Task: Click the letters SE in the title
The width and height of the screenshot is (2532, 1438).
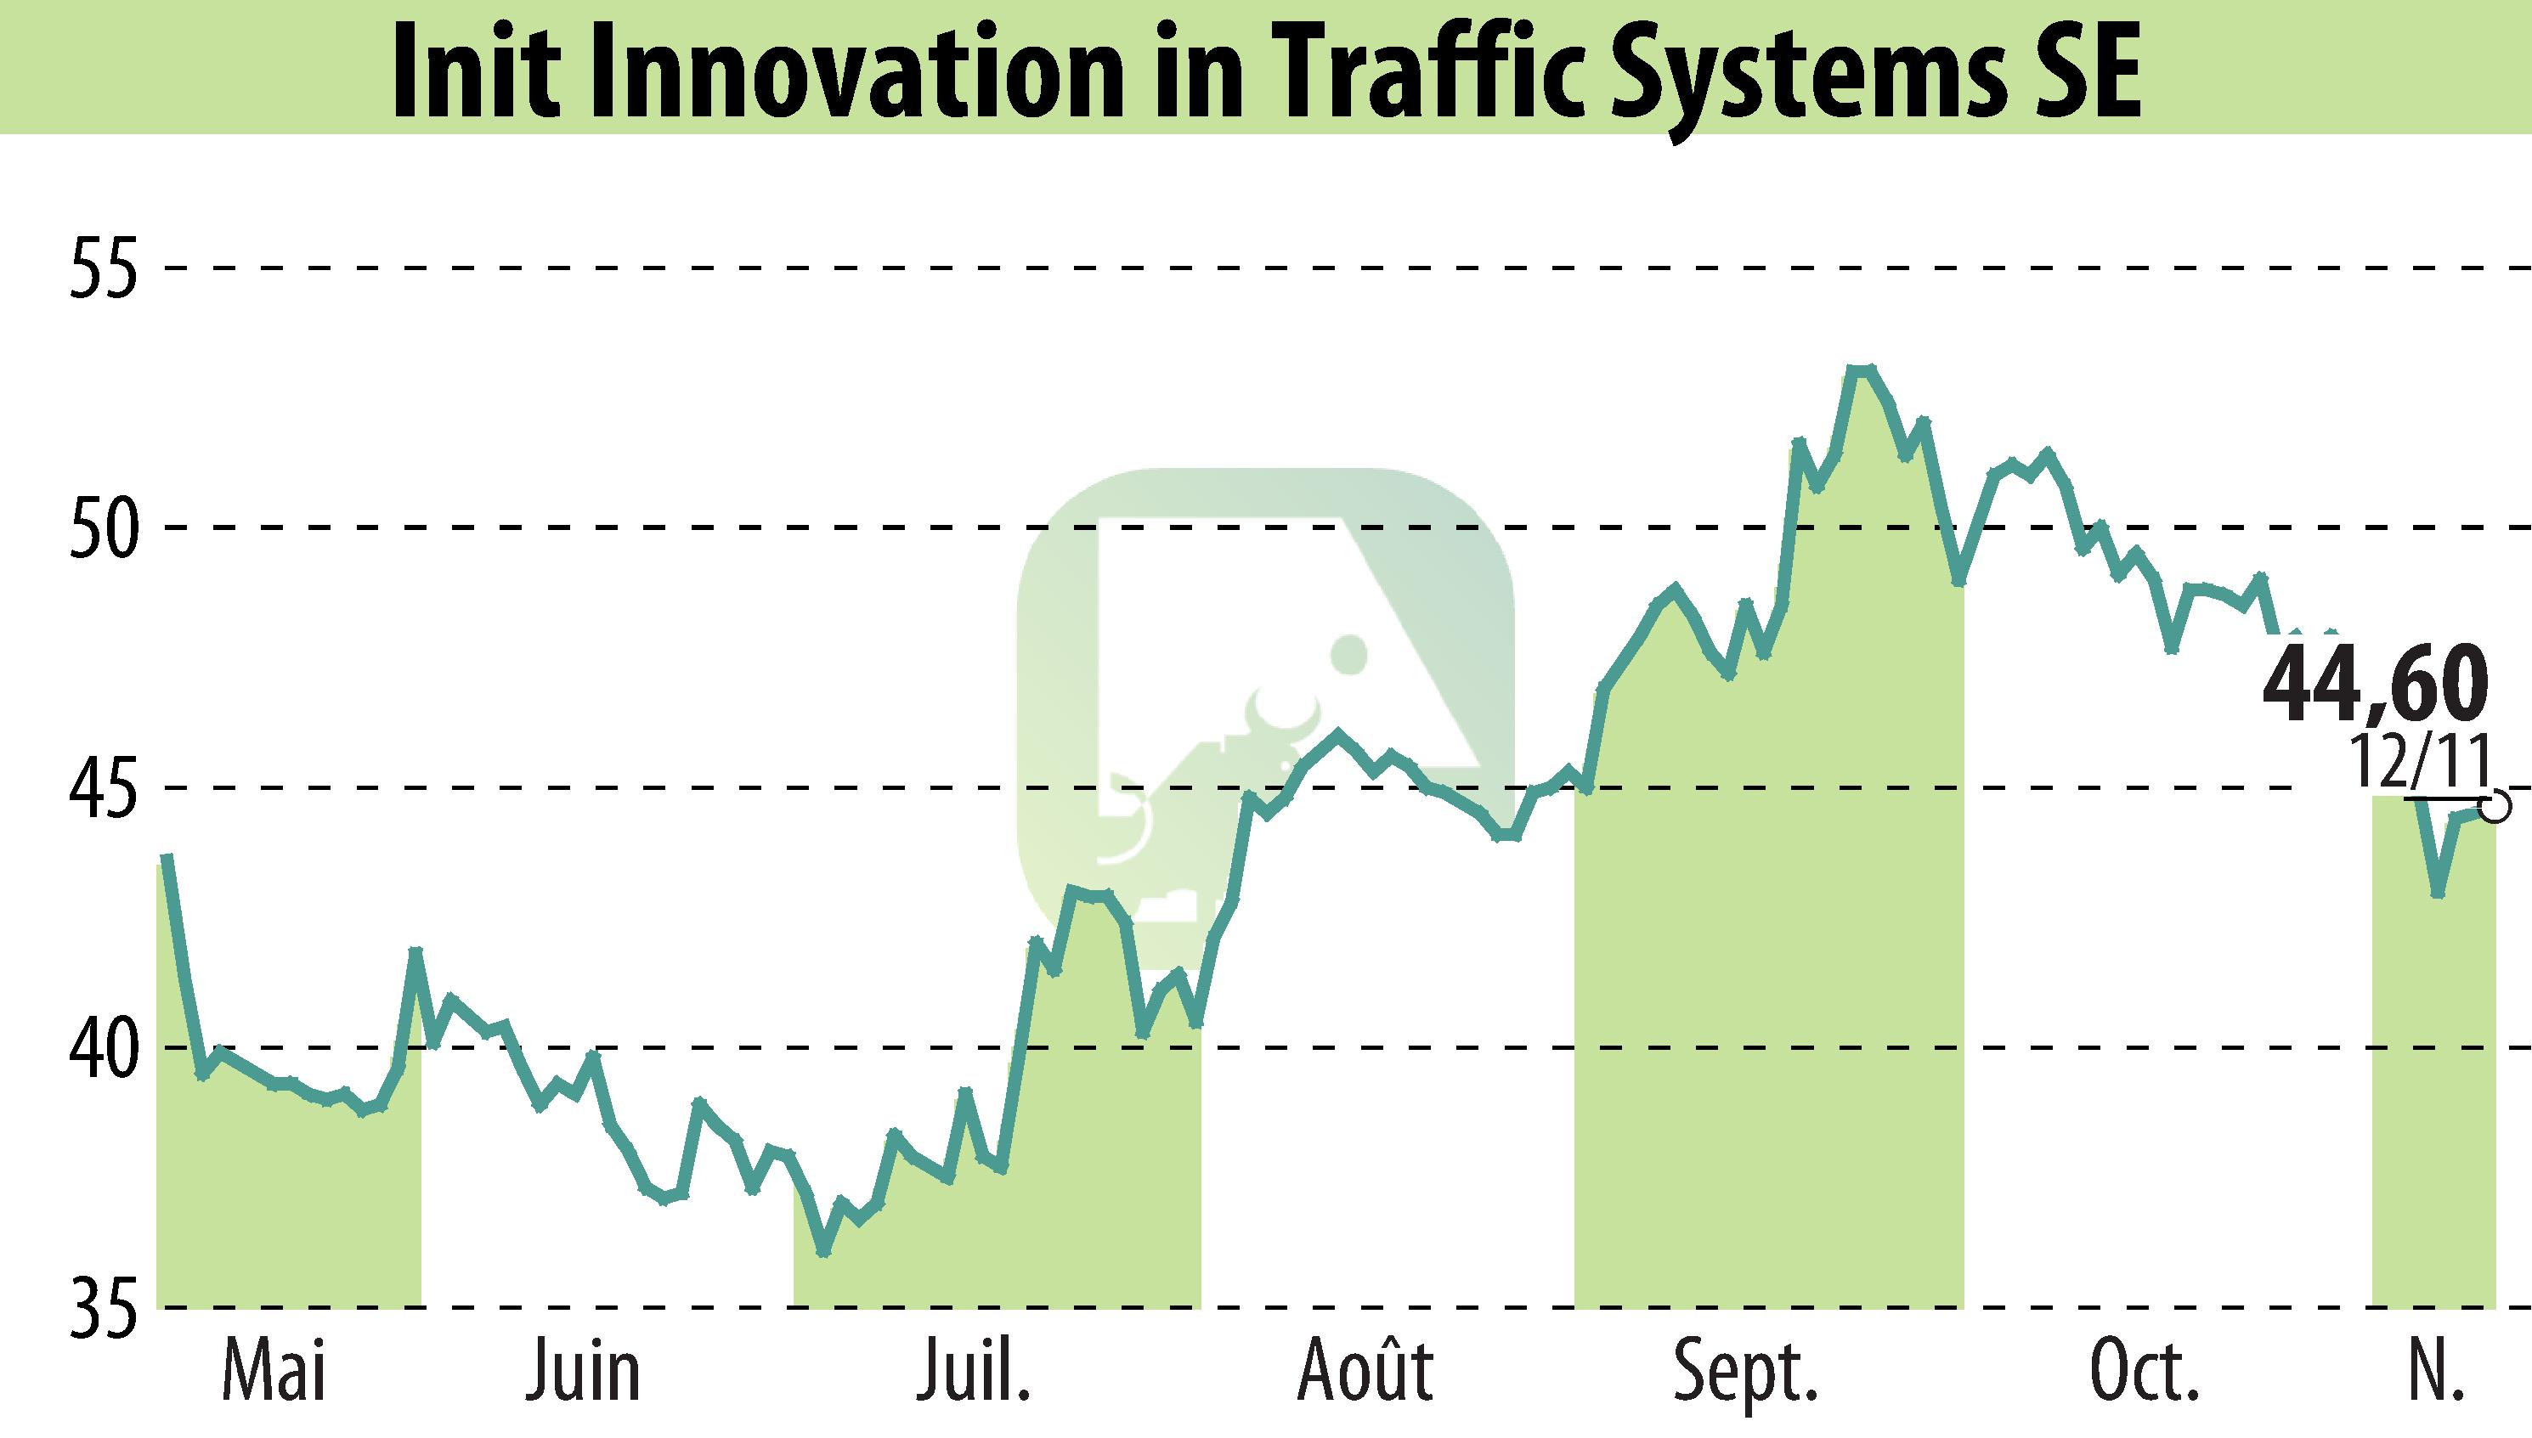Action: coord(2090,71)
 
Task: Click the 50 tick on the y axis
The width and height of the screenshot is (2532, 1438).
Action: coord(103,528)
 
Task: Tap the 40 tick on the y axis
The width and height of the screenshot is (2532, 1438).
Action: coord(103,1048)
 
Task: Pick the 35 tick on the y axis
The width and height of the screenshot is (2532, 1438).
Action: coord(103,1309)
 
